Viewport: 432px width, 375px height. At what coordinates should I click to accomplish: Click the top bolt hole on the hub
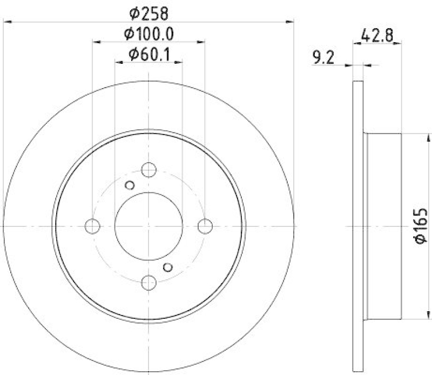[148, 170]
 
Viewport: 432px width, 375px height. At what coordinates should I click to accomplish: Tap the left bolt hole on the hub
[93, 226]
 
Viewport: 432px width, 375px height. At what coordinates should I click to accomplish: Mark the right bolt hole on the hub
[204, 226]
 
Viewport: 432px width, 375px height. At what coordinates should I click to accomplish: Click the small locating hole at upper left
[129, 186]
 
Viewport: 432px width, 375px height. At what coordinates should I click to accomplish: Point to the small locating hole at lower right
[168, 266]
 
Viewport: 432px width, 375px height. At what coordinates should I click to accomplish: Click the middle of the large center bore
[148, 226]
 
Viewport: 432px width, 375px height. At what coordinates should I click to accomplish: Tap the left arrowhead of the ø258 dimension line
[7, 22]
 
